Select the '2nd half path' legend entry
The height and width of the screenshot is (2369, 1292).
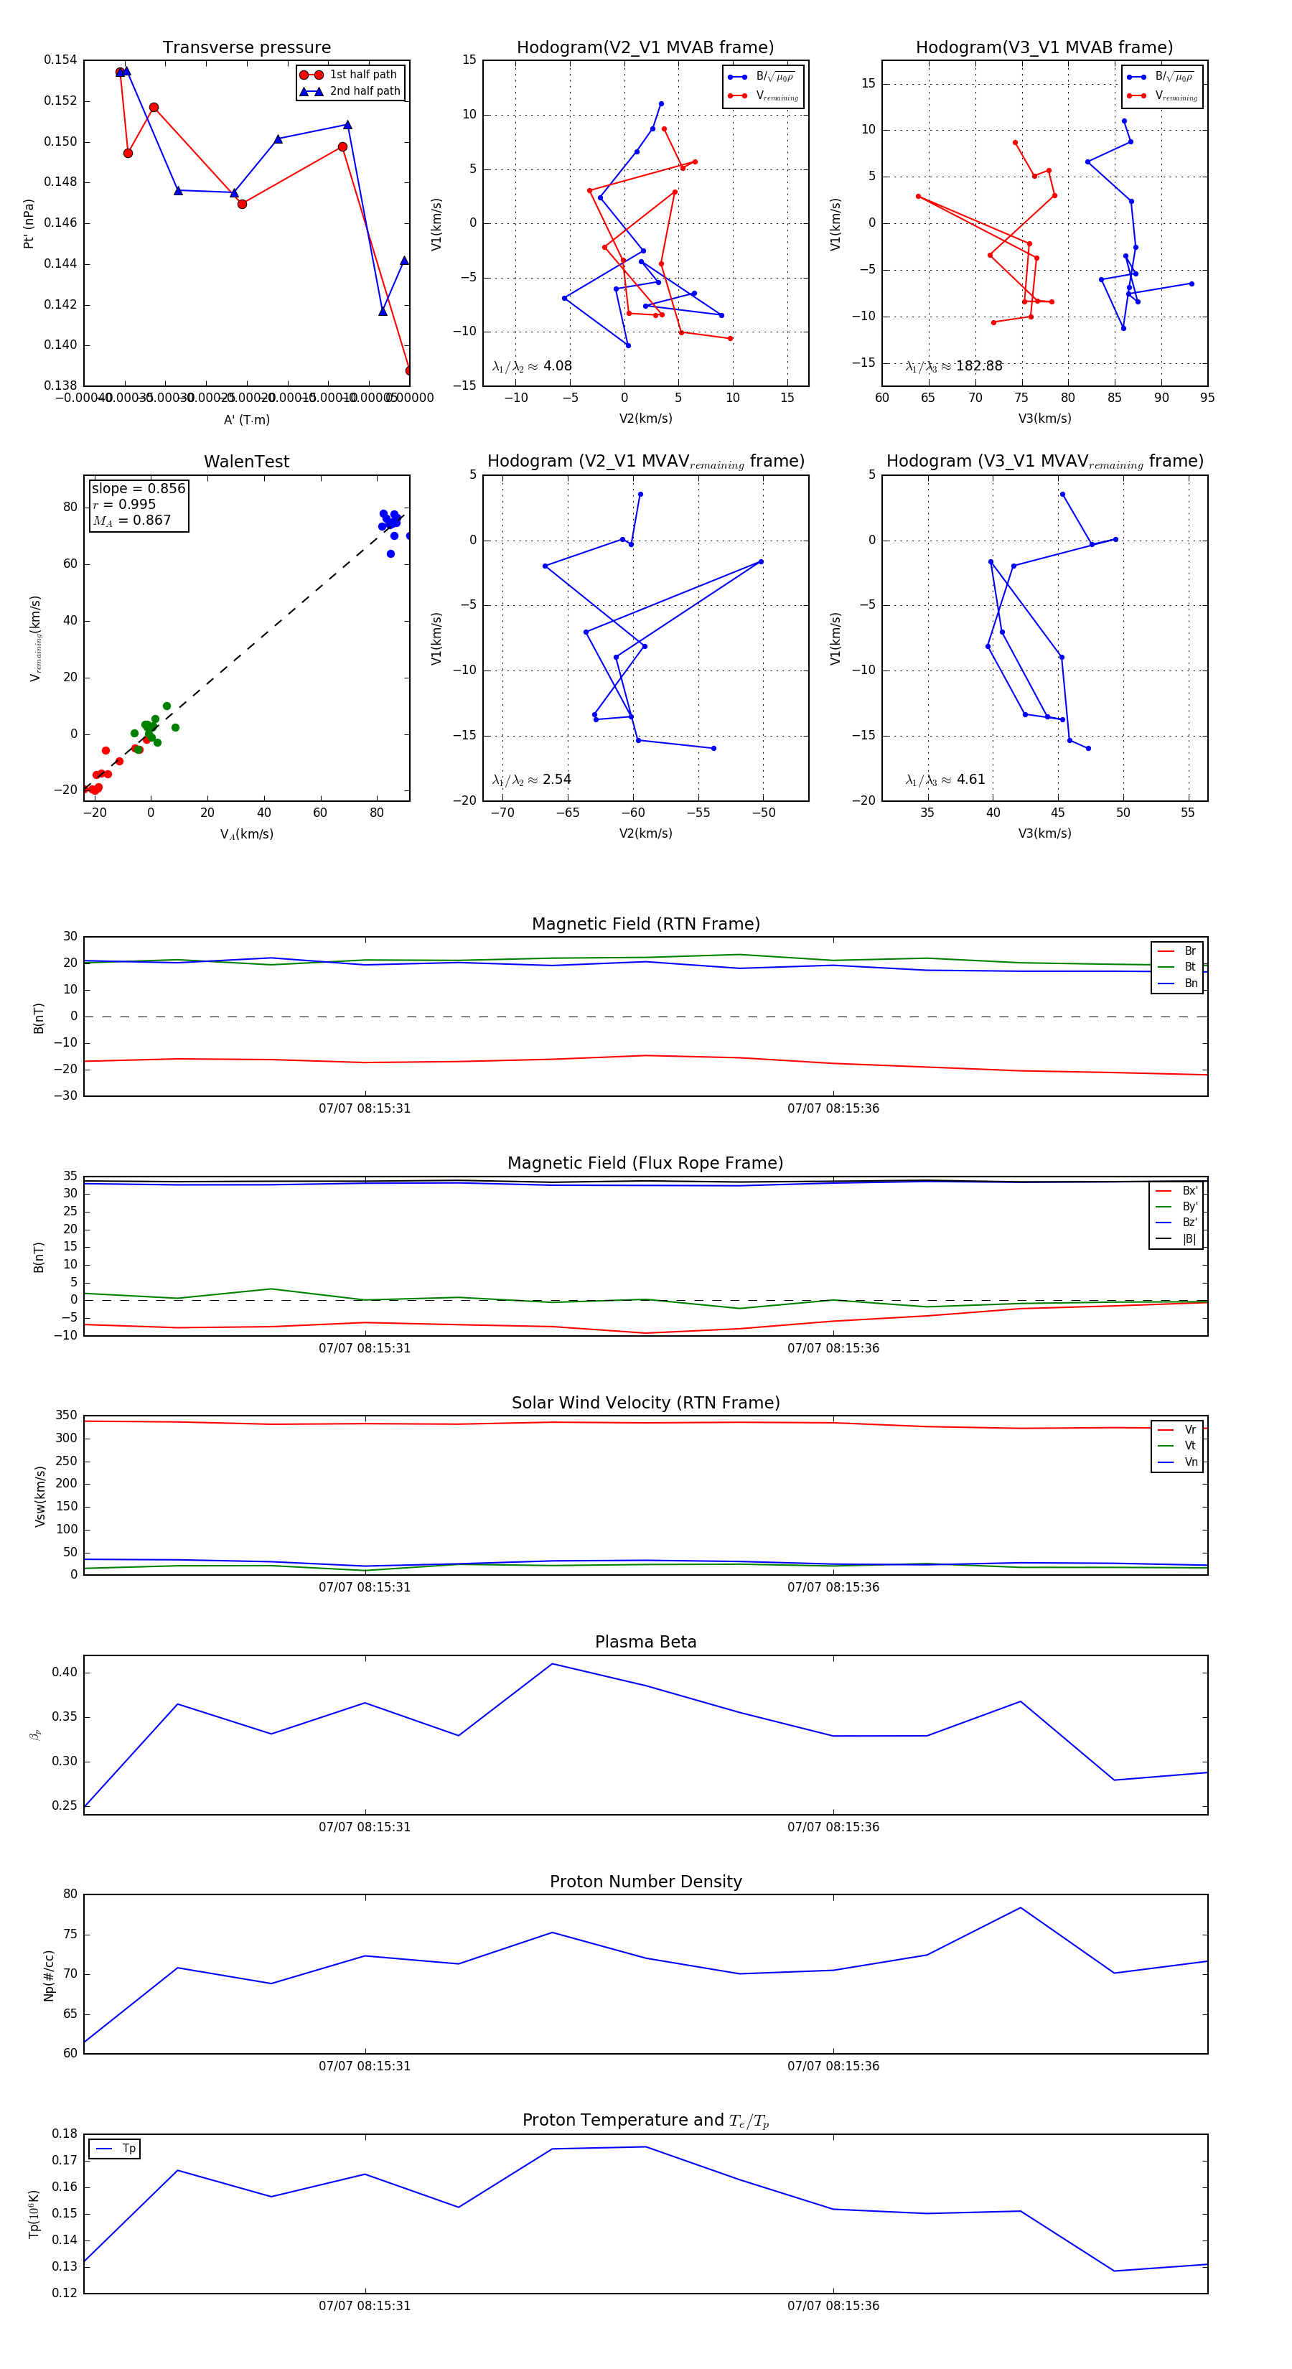(x=364, y=91)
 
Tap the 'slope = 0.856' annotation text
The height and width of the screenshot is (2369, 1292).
(x=138, y=488)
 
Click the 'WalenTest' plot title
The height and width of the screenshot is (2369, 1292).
(x=246, y=462)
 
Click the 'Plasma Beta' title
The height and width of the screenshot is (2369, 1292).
(x=645, y=1642)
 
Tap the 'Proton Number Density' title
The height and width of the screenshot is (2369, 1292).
(x=645, y=1882)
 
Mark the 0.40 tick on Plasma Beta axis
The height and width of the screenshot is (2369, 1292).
(x=65, y=1672)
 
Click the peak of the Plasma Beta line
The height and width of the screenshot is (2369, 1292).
(x=553, y=1663)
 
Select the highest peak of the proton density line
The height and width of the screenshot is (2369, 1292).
(x=1020, y=1908)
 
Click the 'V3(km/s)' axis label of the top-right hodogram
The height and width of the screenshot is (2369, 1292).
(x=1044, y=419)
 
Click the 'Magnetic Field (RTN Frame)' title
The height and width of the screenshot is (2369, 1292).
(x=645, y=924)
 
